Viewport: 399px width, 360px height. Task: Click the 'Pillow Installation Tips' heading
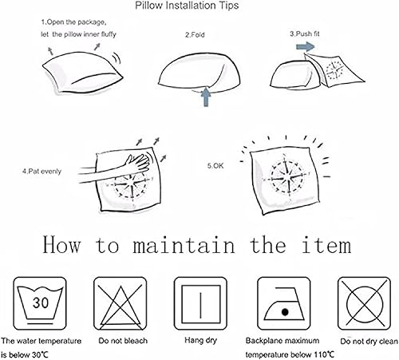coord(187,6)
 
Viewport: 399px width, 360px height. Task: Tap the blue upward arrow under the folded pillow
coord(206,97)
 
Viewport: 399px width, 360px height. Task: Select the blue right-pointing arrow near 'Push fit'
coord(305,47)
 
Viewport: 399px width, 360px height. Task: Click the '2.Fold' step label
coord(195,35)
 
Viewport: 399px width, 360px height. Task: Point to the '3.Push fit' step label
coord(305,34)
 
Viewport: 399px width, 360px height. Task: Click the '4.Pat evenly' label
coord(41,171)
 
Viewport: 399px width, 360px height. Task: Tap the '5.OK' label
coord(215,166)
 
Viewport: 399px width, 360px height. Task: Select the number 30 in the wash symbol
coord(41,303)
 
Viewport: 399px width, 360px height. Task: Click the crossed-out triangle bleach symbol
coord(120,303)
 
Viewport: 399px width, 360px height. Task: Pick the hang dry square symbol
coord(200,303)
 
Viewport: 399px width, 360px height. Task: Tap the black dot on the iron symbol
coord(285,311)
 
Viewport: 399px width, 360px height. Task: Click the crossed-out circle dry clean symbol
coord(364,303)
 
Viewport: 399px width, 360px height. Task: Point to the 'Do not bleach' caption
coord(123,341)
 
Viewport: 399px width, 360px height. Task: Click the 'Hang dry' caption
coord(201,340)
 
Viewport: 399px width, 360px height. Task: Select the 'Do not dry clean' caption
coord(369,341)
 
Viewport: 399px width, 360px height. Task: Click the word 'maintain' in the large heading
coord(184,245)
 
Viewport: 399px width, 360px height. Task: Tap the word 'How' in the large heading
coord(61,244)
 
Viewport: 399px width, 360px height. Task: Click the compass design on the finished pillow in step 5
coord(286,177)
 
